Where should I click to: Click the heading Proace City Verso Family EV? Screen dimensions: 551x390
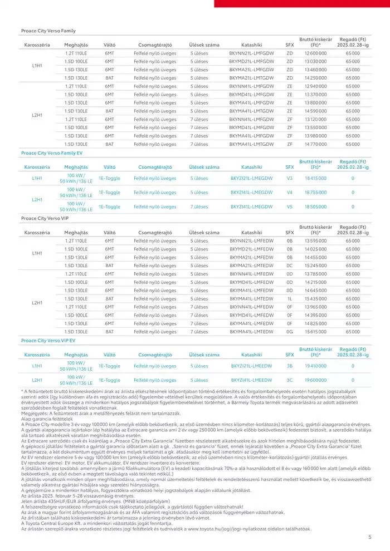pos(51,152)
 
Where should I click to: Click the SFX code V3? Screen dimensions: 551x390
pos(289,179)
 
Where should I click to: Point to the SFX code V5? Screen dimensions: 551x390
pos(289,206)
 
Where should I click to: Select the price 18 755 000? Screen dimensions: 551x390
pos(315,193)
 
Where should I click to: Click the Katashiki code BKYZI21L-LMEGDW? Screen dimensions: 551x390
pos(251,179)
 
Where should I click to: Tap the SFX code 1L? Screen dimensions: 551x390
pos(289,299)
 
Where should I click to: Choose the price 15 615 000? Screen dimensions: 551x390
pos(315,332)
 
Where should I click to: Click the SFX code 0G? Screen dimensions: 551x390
pos(289,332)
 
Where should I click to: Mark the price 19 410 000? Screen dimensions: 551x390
pos(315,366)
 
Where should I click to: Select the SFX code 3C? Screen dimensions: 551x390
pos(289,380)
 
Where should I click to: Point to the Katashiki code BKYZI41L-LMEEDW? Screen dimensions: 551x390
pos(251,380)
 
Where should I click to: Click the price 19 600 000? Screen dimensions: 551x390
pos(315,380)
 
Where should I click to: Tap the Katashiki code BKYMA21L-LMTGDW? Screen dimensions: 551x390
pos(251,78)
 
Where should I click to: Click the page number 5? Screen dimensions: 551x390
pos(370,537)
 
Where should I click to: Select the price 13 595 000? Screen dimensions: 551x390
pos(315,240)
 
